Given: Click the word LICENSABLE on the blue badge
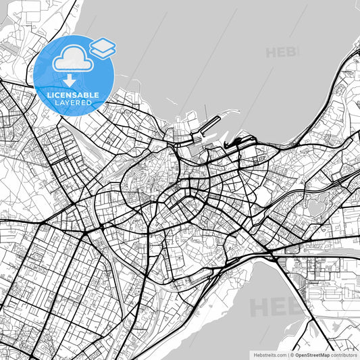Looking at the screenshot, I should coord(73,95).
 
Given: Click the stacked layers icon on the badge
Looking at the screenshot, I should coord(102,47).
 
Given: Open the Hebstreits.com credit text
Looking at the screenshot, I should coord(269,355).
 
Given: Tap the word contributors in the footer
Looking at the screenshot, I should coord(344,355).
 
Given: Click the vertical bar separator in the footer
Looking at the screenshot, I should coord(287,355).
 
